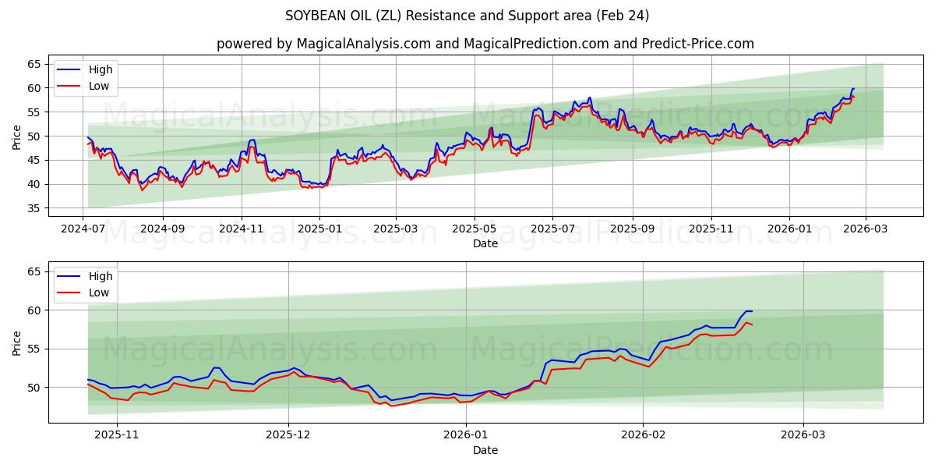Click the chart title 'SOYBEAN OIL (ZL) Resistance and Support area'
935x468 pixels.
point(467,16)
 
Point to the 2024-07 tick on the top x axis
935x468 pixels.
point(83,230)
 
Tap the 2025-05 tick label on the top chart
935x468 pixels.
point(474,230)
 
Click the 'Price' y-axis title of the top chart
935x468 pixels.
point(17,136)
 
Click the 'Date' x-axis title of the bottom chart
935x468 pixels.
point(485,450)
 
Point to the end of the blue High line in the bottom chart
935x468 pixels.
point(752,311)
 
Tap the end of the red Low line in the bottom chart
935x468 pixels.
point(752,324)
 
